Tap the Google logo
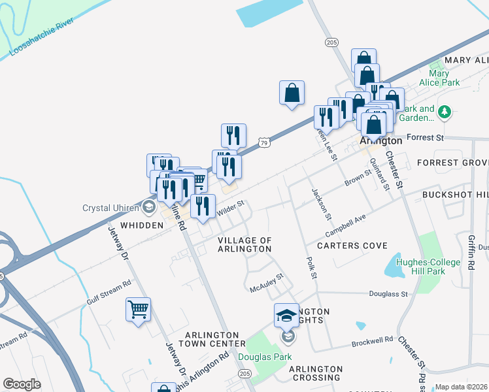(22, 384)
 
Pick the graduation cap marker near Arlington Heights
(286, 316)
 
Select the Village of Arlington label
(244, 244)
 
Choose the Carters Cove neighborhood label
(352, 246)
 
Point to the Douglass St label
(388, 294)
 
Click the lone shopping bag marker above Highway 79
(292, 93)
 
